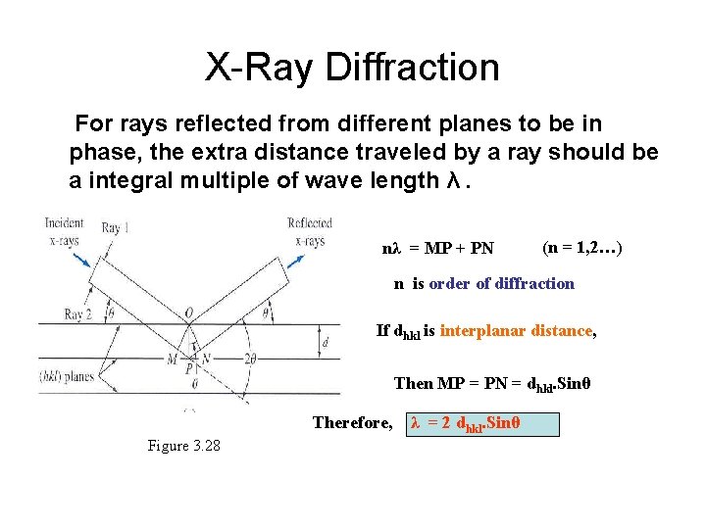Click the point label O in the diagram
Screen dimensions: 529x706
(188, 314)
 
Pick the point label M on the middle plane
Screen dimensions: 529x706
(172, 360)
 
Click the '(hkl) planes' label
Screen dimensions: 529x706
(67, 374)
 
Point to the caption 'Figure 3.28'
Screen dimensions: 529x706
(183, 446)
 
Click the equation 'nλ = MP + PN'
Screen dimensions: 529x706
(437, 248)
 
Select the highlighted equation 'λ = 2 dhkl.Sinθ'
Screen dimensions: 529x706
(481, 423)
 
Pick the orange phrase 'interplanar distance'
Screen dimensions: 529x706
(517, 331)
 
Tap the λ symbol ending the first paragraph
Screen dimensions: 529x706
(452, 180)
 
